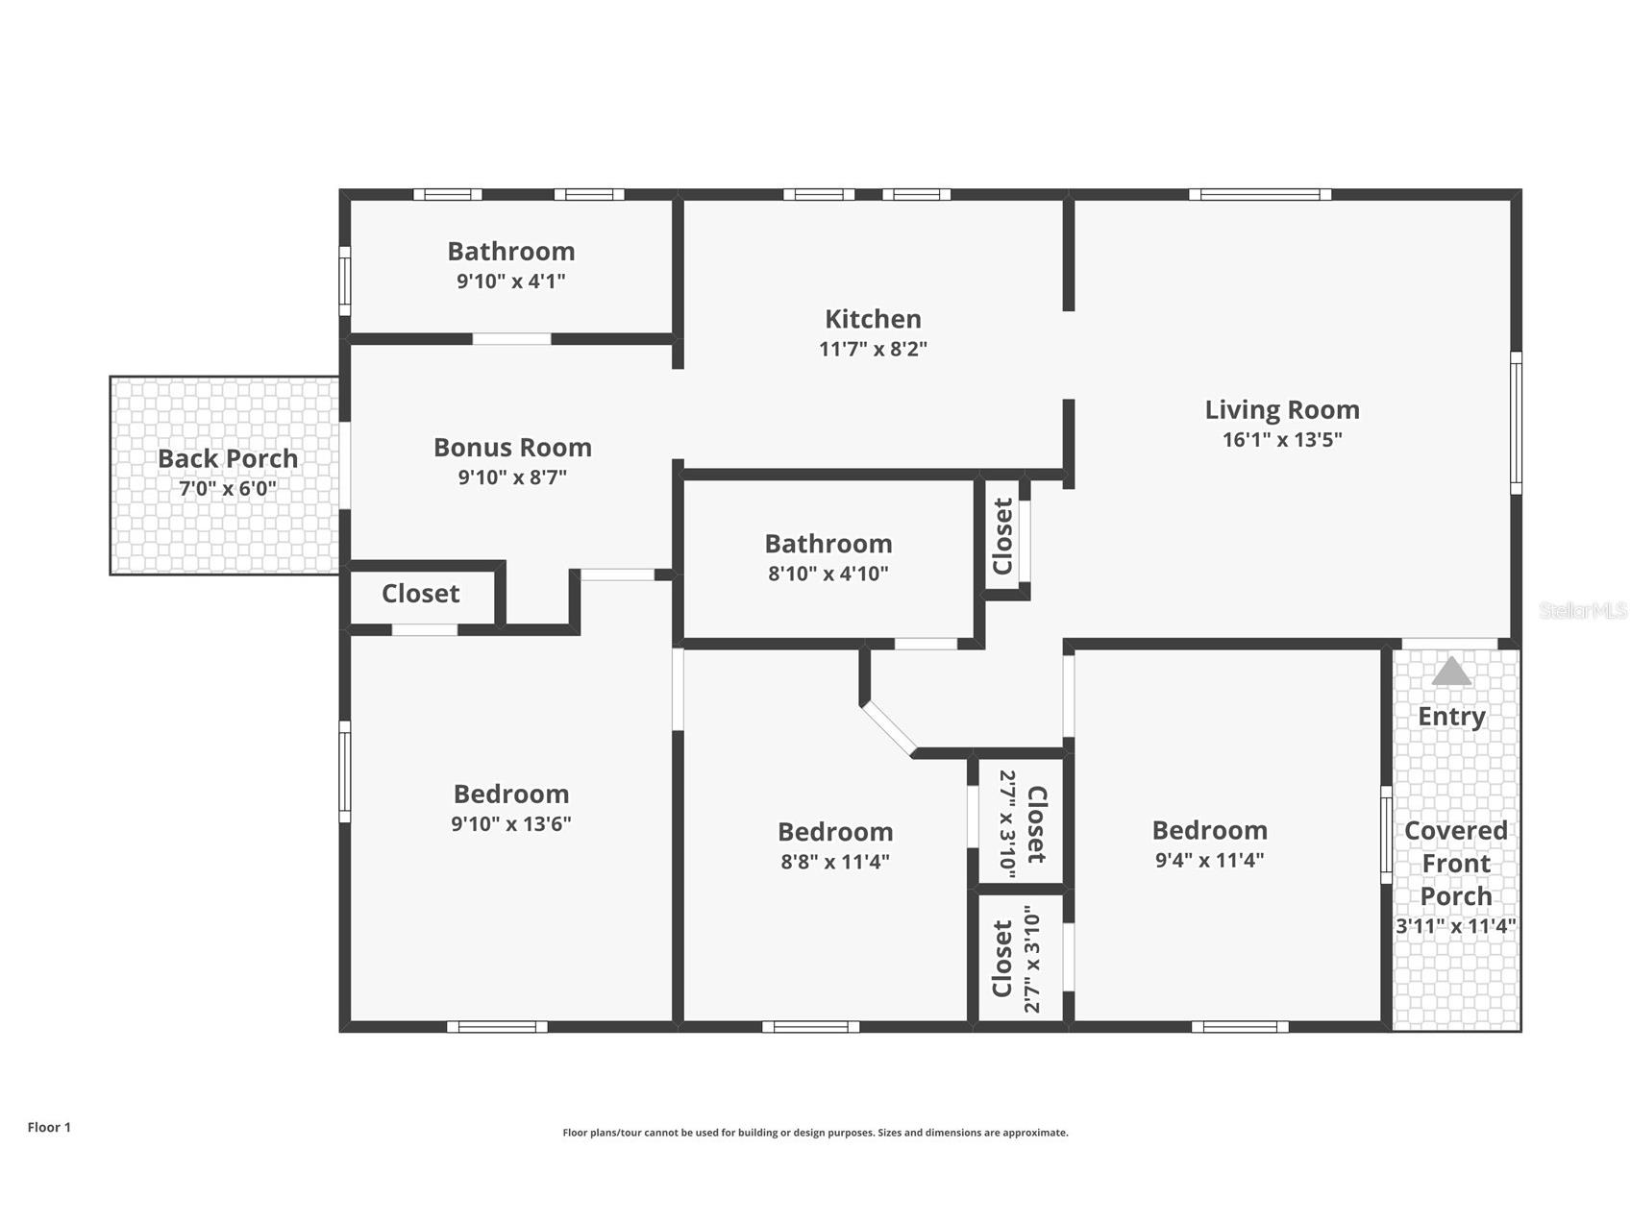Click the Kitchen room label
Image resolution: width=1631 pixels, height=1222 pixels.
[873, 319]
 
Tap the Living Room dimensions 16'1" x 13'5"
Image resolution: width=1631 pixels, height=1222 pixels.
[1282, 440]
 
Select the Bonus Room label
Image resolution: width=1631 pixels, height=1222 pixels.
[512, 448]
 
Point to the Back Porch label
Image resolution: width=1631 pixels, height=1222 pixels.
[228, 458]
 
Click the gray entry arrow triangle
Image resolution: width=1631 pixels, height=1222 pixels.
[1451, 671]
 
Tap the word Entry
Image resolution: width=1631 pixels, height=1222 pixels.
[1451, 717]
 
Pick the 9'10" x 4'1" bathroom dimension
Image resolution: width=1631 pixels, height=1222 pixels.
[511, 281]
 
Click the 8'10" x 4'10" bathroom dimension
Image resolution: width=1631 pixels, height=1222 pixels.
[828, 574]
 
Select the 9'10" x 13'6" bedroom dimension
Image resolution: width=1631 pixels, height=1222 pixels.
[511, 823]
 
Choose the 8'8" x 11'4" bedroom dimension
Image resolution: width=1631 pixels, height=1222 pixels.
[835, 861]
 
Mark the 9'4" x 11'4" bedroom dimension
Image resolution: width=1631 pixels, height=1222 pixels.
[1209, 859]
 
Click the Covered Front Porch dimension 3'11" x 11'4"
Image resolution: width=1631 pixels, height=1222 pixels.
[1455, 926]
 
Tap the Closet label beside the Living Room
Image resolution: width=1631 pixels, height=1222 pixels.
[1002, 536]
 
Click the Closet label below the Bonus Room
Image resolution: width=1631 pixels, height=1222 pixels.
[421, 594]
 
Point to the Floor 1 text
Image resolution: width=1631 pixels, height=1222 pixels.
[49, 1127]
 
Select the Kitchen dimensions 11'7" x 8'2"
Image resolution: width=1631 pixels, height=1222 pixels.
[873, 349]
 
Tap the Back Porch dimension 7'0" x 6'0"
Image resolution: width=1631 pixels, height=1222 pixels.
[228, 488]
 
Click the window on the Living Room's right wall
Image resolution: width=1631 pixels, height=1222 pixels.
[1516, 423]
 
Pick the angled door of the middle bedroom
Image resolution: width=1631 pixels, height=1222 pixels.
[889, 727]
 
